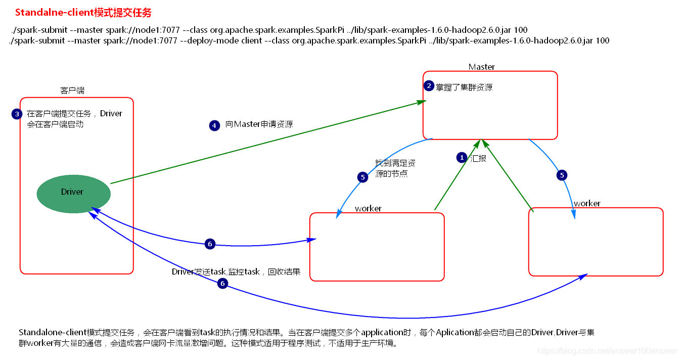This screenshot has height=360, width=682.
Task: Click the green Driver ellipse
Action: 74,192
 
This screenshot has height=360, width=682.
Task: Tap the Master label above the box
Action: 481,67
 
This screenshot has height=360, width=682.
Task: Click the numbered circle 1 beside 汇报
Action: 461,158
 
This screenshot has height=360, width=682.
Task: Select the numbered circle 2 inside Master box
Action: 429,86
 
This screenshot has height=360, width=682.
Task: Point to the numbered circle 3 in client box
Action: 17,114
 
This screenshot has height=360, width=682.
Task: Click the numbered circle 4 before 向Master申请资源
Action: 214,125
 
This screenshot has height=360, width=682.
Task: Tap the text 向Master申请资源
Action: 259,124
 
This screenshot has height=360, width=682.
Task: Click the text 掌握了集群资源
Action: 464,87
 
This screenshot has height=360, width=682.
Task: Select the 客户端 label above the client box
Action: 72,91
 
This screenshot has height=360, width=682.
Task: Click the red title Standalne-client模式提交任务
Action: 83,12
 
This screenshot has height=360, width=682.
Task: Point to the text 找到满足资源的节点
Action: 395,168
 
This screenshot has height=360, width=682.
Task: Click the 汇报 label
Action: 478,158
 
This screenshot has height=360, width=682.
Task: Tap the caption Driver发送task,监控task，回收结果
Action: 236,272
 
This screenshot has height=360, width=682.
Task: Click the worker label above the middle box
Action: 368,208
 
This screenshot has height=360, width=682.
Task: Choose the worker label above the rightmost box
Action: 587,203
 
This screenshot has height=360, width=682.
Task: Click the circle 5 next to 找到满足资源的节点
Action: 362,177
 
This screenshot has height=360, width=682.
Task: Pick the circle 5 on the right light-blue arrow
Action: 562,175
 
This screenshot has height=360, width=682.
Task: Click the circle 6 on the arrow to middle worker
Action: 210,244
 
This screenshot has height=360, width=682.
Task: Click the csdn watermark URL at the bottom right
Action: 607,351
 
